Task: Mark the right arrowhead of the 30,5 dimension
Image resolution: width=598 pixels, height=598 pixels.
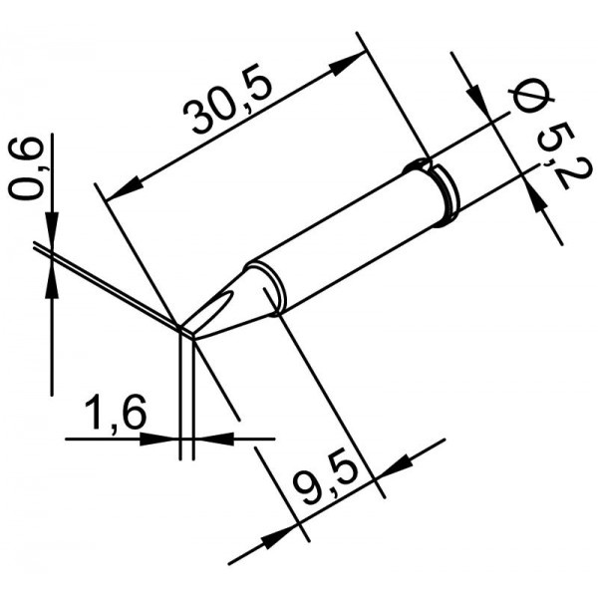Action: click(347, 64)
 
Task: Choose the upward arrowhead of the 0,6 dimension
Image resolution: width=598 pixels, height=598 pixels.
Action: click(52, 282)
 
